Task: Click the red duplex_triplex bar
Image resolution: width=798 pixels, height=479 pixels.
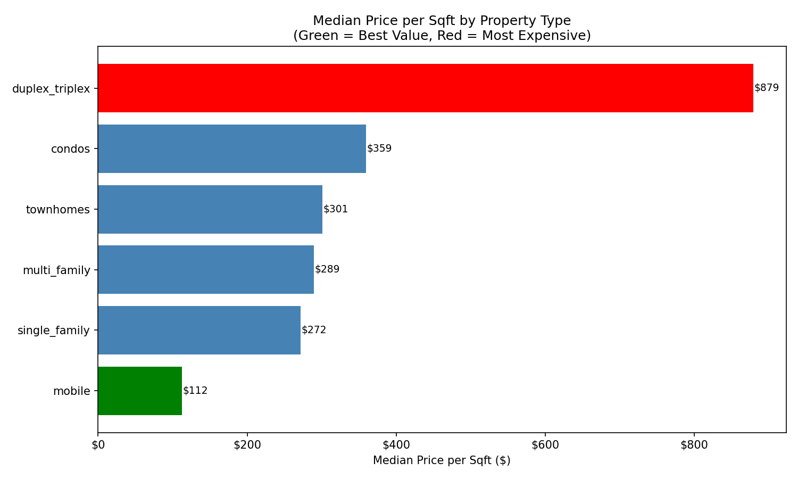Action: point(426,88)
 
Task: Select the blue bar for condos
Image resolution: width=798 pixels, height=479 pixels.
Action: point(232,148)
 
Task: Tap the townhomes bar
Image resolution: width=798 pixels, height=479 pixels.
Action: point(210,209)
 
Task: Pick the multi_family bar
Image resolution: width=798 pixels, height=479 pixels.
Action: point(206,269)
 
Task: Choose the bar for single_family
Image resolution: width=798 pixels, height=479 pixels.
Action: point(199,330)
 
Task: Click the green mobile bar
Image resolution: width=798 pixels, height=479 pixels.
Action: point(140,391)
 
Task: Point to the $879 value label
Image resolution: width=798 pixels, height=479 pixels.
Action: point(767,88)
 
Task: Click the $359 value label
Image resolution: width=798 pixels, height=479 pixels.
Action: point(379,148)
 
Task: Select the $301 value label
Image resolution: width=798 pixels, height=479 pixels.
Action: point(336,209)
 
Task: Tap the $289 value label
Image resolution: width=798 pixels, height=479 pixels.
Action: point(327,269)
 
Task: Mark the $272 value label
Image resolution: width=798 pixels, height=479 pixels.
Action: point(314,330)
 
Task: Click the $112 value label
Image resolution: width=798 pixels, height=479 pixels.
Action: point(195,391)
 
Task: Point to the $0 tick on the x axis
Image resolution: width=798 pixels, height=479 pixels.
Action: point(98,445)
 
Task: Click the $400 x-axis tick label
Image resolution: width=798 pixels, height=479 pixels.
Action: point(396,445)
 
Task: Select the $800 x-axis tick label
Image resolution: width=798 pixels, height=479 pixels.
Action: point(694,445)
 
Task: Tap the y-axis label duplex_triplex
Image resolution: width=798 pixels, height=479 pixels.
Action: point(51,89)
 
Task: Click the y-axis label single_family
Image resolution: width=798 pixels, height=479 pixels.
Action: point(54,331)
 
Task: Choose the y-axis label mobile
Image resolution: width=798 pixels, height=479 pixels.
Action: point(72,391)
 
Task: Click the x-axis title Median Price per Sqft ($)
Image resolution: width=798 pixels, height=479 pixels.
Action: point(442,460)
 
